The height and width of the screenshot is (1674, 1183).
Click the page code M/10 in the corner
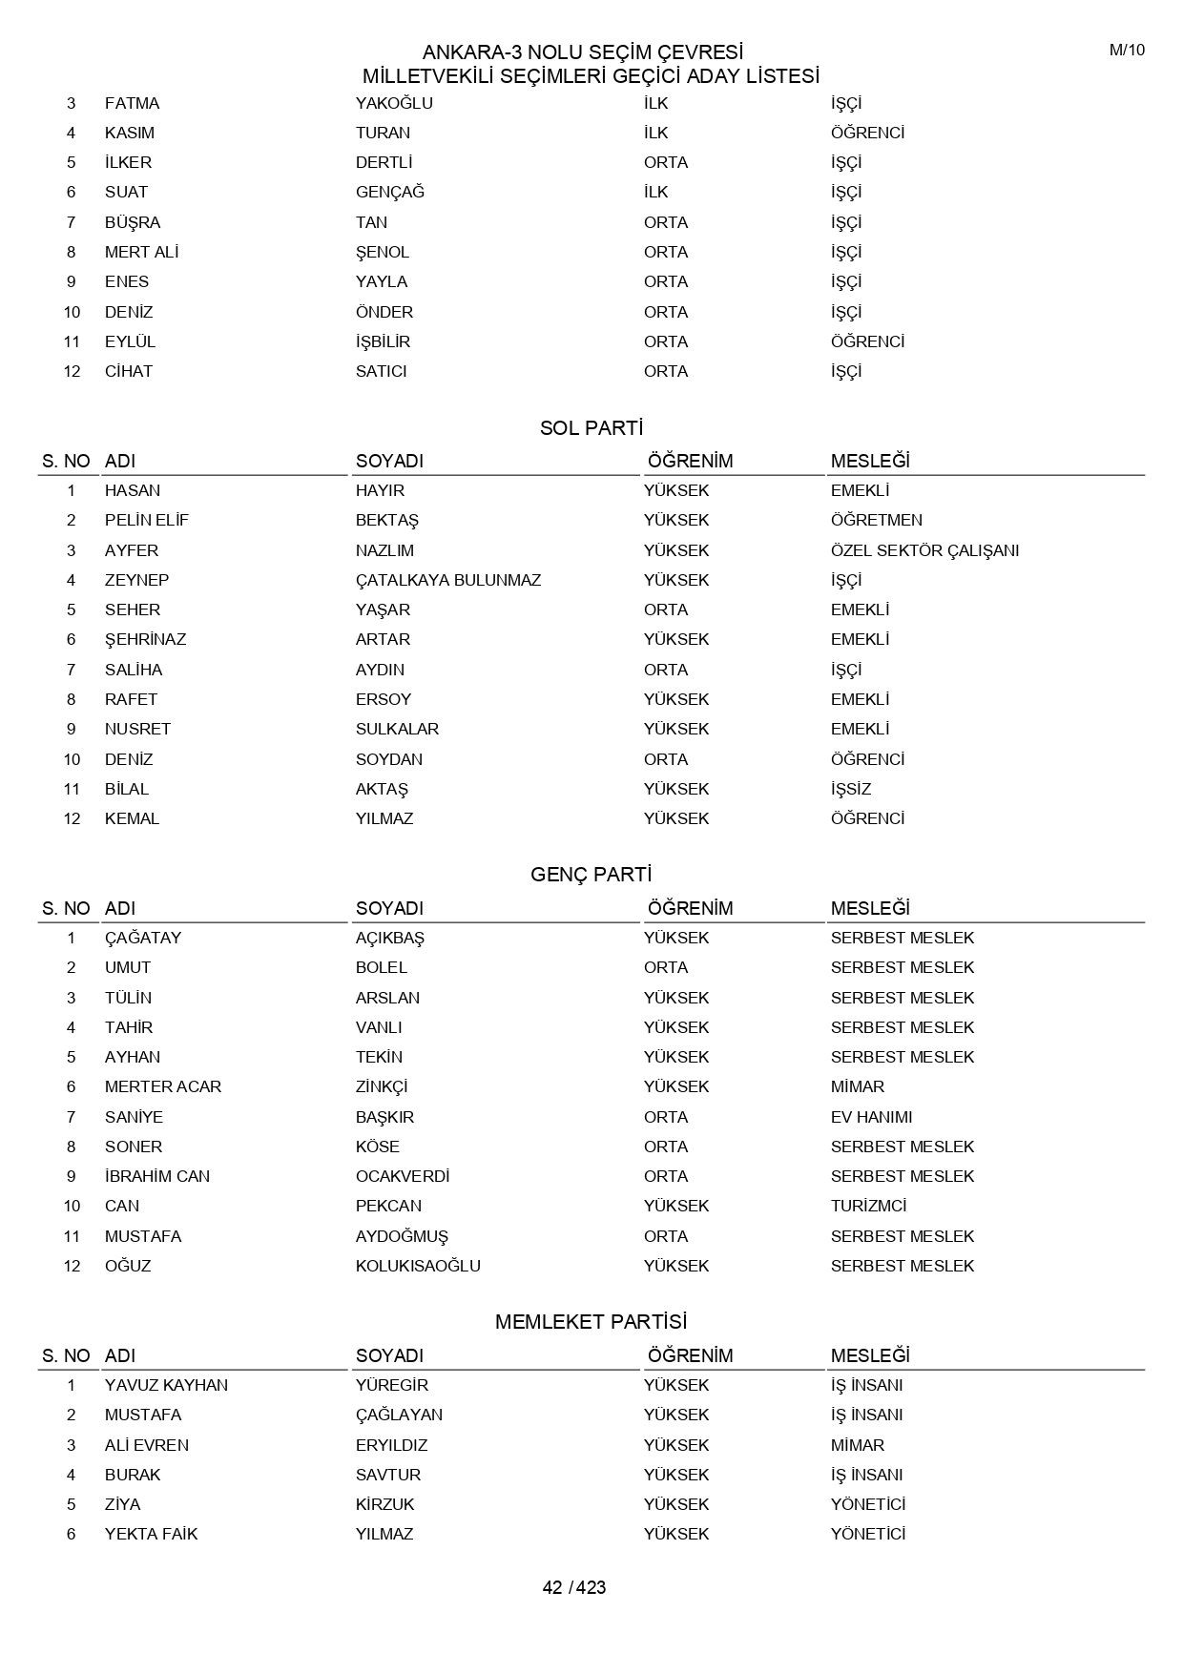(1127, 51)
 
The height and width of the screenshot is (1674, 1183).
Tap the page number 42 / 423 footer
(574, 1587)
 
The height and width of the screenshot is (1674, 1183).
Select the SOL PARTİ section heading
(591, 428)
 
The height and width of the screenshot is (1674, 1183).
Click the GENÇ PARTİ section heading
(591, 875)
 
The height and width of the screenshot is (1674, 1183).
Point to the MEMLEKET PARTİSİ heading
(591, 1322)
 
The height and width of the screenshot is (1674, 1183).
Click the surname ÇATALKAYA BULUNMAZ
(448, 580)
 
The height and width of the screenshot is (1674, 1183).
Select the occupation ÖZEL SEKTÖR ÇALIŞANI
(924, 550)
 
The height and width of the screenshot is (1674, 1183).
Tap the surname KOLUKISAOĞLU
(418, 1266)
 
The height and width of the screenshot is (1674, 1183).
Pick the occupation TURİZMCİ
(868, 1206)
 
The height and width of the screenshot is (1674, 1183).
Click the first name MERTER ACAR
(163, 1086)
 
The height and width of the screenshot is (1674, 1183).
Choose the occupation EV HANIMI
(871, 1117)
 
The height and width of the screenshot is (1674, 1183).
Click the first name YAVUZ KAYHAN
(166, 1385)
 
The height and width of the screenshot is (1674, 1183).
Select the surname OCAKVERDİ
(403, 1176)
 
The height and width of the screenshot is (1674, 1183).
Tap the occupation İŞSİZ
(851, 789)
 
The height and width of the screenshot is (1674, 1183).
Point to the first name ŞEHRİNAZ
(145, 639)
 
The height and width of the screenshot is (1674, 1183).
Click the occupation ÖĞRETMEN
(876, 520)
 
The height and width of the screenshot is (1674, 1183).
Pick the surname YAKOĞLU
(394, 103)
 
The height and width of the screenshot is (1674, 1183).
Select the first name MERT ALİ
(142, 252)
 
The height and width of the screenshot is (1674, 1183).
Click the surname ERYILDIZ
(391, 1445)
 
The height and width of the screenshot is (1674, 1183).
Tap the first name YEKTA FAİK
(151, 1534)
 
